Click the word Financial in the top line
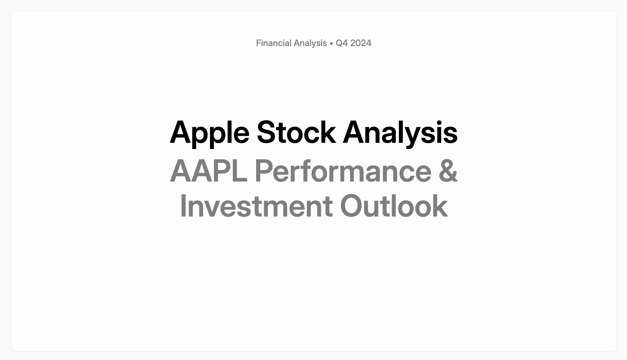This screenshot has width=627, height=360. tap(274, 43)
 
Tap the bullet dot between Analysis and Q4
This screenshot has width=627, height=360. tap(331, 44)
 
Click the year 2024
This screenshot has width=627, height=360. tap(360, 43)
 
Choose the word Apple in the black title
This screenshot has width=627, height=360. tap(209, 133)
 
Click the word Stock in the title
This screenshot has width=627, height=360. tap(296, 132)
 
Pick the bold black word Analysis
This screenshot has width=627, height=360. tap(400, 133)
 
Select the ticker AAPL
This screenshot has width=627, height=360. tap(208, 171)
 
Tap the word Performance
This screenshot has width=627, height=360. tap(343, 171)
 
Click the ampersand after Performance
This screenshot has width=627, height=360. tap(448, 171)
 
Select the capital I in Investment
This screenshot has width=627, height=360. tap(183, 206)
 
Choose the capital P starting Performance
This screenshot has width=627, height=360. tap(264, 171)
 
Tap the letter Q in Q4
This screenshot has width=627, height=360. tap(339, 43)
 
